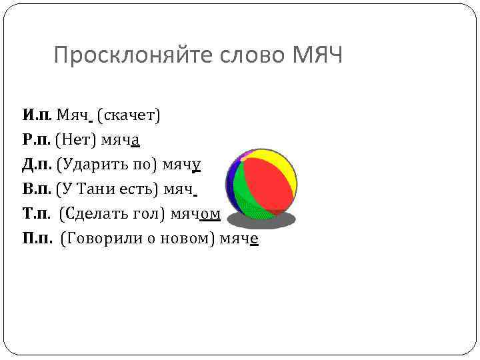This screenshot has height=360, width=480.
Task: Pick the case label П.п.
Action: click(x=37, y=238)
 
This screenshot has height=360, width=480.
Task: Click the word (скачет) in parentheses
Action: click(x=128, y=116)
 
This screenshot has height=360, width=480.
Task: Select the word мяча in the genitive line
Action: click(x=120, y=140)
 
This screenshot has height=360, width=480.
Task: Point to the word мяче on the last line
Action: click(x=237, y=238)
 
